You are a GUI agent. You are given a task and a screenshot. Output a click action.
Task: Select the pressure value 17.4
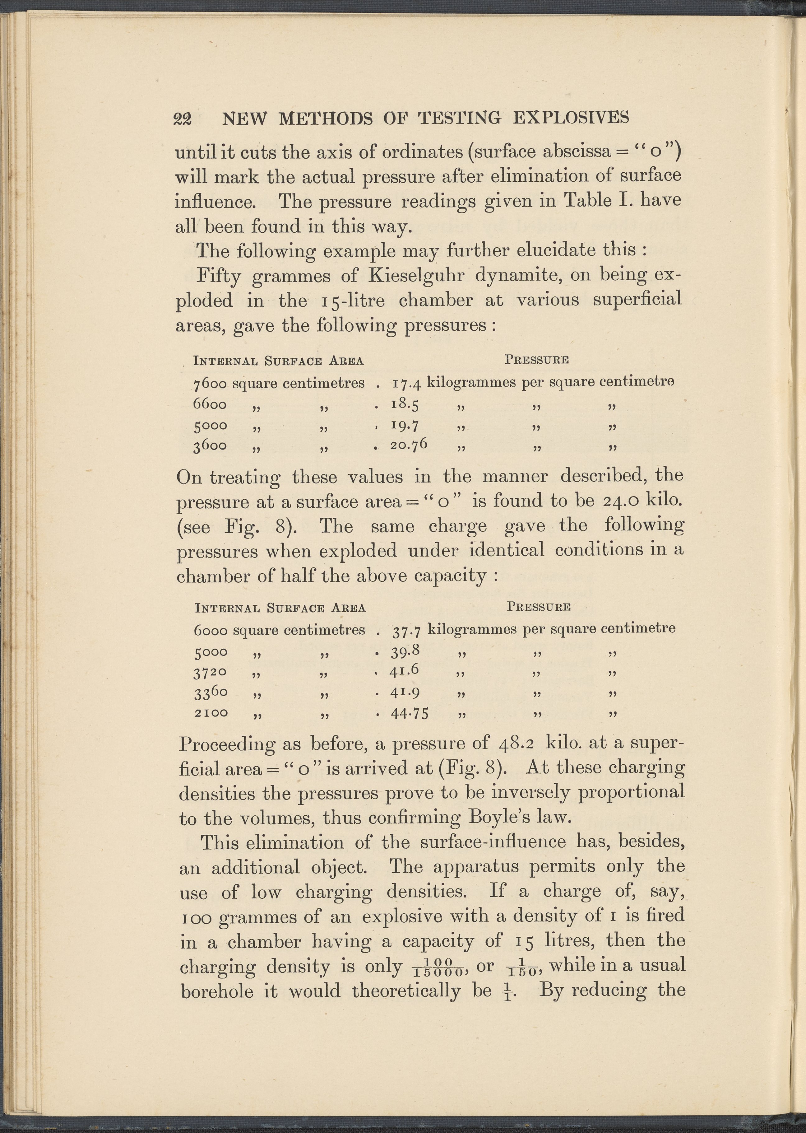click(406, 383)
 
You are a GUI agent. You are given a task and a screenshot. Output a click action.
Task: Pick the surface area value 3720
click(211, 673)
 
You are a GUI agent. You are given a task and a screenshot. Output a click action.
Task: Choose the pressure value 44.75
click(410, 713)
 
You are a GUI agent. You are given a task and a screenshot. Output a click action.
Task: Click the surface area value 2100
click(211, 713)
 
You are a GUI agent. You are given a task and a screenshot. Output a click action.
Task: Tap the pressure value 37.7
click(406, 631)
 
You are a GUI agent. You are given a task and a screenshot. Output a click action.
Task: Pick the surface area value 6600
click(210, 404)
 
